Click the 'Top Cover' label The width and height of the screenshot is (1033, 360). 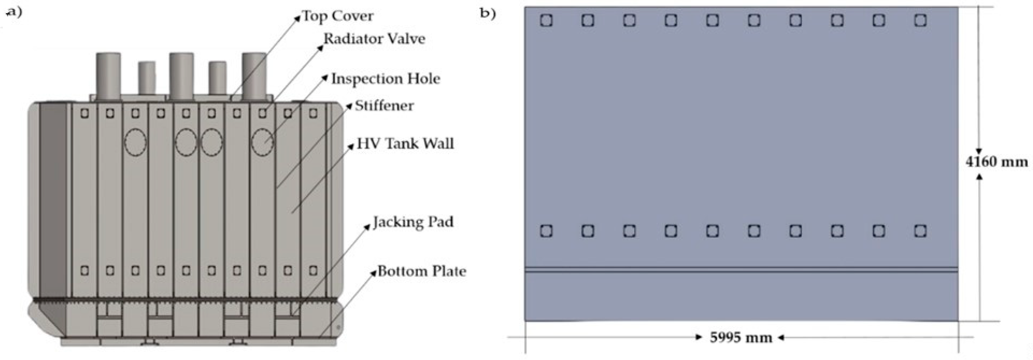pyautogui.click(x=338, y=16)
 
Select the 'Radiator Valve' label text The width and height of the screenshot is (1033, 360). pyautogui.click(x=374, y=39)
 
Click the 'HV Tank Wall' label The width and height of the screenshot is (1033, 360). pyautogui.click(x=405, y=144)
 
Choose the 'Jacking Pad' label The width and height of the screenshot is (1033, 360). pyautogui.click(x=413, y=222)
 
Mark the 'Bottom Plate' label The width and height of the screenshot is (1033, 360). pyautogui.click(x=422, y=271)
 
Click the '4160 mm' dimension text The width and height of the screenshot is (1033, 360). pyautogui.click(x=997, y=162)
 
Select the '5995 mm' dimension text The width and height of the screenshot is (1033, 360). pyautogui.click(x=741, y=338)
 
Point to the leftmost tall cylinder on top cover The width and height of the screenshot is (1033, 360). pyautogui.click(x=108, y=76)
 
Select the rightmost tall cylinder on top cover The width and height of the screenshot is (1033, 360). pyautogui.click(x=254, y=76)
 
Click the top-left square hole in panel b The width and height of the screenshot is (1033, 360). pyautogui.click(x=546, y=20)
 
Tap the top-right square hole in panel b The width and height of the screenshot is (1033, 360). pyautogui.click(x=920, y=20)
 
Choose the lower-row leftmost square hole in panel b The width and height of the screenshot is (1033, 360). pyautogui.click(x=546, y=231)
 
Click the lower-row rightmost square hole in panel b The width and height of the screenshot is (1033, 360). pyautogui.click(x=920, y=231)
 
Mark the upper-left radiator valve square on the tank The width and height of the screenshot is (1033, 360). pyautogui.click(x=85, y=113)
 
